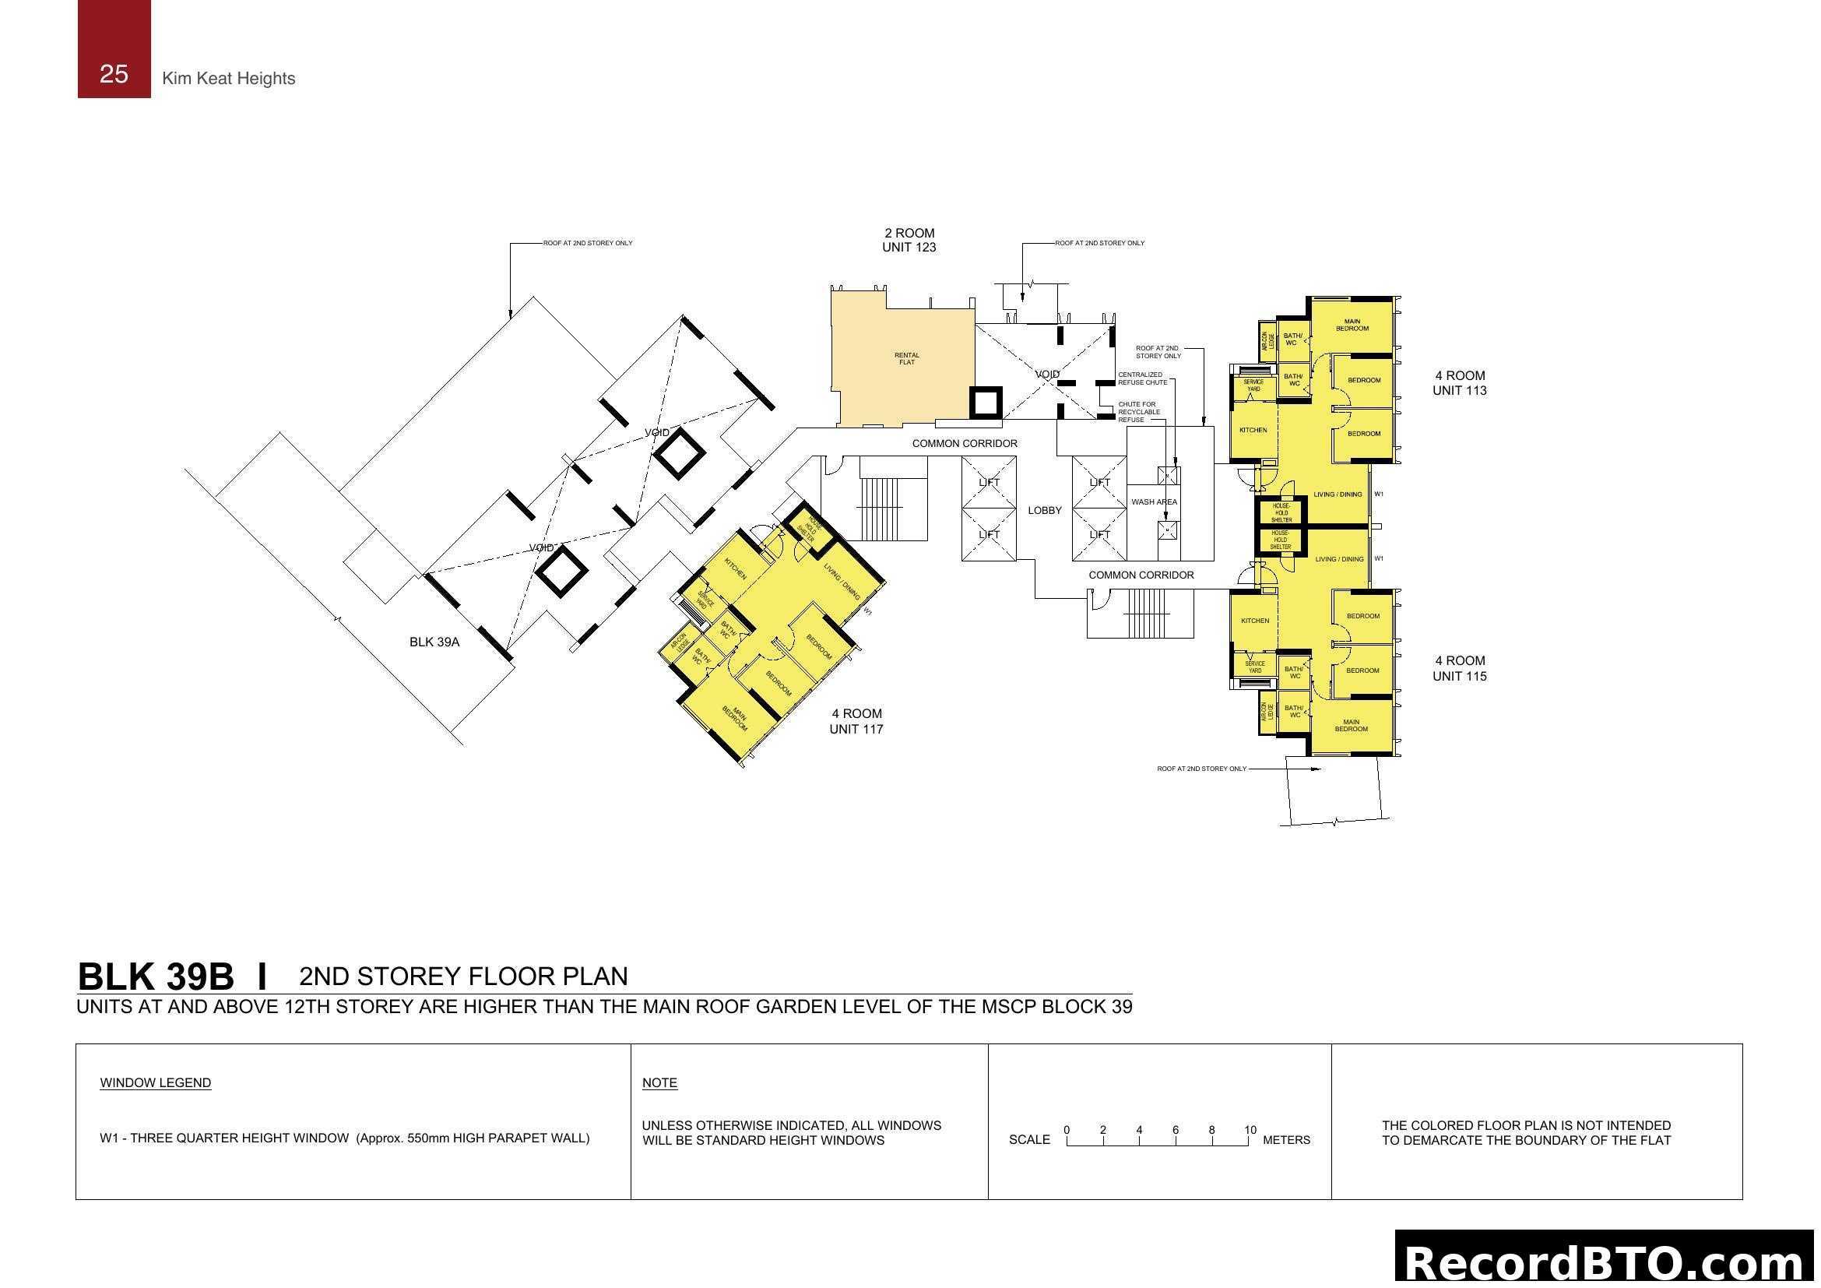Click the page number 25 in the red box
click(x=114, y=74)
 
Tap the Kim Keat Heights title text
click(x=228, y=79)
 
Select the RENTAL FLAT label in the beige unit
click(x=906, y=358)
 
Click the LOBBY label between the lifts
click(x=1044, y=510)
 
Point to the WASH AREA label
click(x=1154, y=502)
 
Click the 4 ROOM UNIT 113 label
click(x=1458, y=383)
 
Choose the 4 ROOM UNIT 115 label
click(x=1458, y=668)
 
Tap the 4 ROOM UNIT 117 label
click(x=856, y=721)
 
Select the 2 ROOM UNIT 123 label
click(x=909, y=240)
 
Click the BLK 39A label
click(x=434, y=642)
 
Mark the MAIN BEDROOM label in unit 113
click(x=1352, y=326)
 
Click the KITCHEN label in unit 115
click(x=1255, y=621)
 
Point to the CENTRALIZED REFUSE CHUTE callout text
click(x=1141, y=378)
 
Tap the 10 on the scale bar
click(x=1250, y=1129)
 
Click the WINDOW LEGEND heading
click(x=156, y=1082)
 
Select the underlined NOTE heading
click(x=659, y=1082)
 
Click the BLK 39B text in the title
click(x=156, y=977)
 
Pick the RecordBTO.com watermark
click(x=1606, y=1261)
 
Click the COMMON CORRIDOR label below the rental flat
click(x=965, y=443)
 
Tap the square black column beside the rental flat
click(x=985, y=403)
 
